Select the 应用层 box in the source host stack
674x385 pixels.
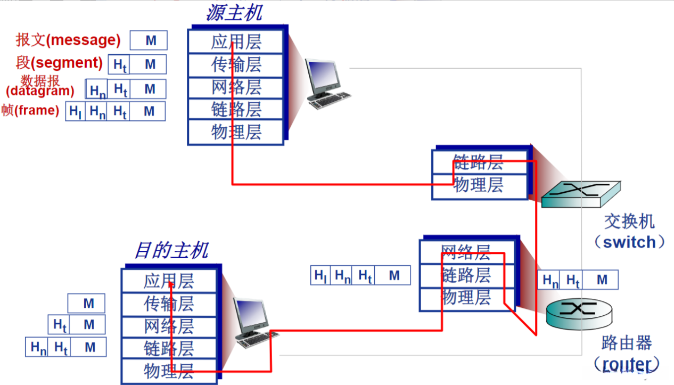point(236,42)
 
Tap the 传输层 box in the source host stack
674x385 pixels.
point(236,64)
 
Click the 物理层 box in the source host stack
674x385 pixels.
point(236,132)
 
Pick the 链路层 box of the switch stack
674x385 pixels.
point(478,161)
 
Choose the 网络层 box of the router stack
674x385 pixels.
point(466,251)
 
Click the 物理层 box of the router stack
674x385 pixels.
point(466,298)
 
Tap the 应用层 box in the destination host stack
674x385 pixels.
point(169,281)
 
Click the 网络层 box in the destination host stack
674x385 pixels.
point(169,325)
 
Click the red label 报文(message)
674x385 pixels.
point(68,40)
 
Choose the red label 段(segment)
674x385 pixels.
point(59,63)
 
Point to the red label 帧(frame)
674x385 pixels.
point(30,110)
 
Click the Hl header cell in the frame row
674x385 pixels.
point(75,111)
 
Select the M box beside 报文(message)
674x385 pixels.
point(151,40)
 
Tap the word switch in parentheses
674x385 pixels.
point(629,242)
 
